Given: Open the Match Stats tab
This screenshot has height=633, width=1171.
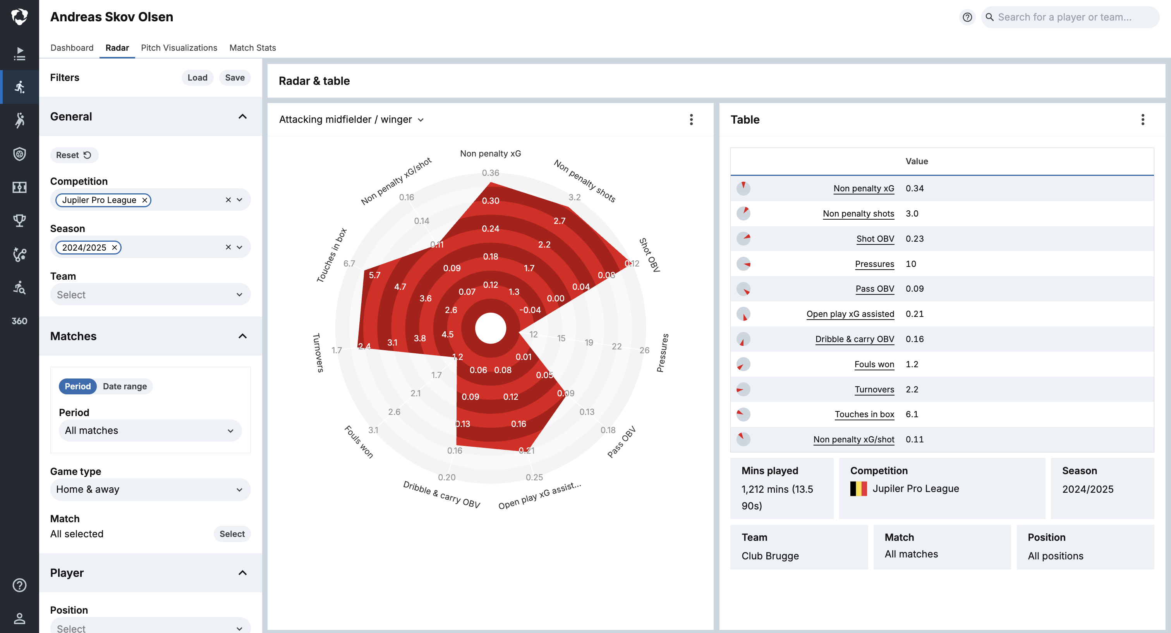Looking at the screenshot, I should click(252, 48).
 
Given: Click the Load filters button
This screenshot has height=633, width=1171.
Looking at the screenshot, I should click(197, 78).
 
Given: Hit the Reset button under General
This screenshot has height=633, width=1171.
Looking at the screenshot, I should click(74, 155).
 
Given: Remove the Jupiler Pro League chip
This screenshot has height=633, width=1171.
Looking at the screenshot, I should click(144, 200).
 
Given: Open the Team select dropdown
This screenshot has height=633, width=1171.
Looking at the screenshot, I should click(150, 295).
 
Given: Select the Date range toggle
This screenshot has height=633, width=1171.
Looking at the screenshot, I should click(125, 386).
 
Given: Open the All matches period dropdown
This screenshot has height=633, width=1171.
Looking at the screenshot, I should click(150, 431).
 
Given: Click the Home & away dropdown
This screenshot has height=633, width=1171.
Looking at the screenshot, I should click(150, 489).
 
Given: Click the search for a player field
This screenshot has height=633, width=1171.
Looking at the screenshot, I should click(1068, 17).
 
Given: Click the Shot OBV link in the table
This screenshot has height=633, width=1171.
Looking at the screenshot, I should click(875, 239).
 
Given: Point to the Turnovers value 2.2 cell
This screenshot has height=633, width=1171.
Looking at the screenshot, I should click(912, 389).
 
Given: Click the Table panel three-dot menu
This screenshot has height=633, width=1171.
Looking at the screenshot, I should click(1142, 120).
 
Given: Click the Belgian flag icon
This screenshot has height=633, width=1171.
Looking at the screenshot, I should click(858, 489).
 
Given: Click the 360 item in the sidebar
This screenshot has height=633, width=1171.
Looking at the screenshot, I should click(19, 321).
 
